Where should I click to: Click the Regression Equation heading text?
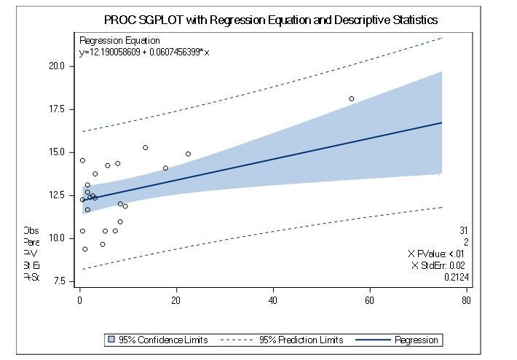click(x=119, y=41)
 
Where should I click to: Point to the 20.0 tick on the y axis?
click(x=56, y=66)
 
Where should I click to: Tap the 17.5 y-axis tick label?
click(x=56, y=109)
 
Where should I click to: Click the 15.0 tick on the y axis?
click(x=56, y=152)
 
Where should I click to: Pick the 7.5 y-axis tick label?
click(x=58, y=281)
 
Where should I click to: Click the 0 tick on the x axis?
click(x=79, y=300)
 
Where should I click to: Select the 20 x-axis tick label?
click(x=176, y=300)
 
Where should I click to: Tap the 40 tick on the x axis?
click(x=273, y=300)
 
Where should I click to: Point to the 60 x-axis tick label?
click(x=370, y=300)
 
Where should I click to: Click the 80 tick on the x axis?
click(x=466, y=300)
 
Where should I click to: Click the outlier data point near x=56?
click(x=351, y=98)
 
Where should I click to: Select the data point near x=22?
click(x=188, y=154)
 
